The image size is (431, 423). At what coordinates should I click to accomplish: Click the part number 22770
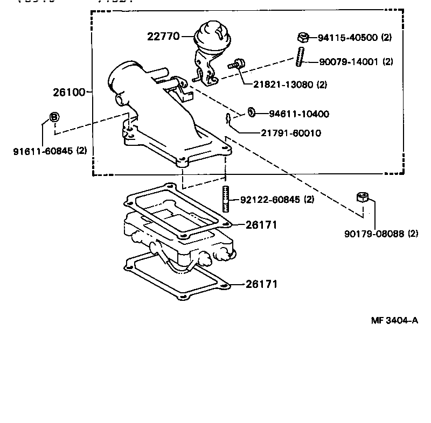164,37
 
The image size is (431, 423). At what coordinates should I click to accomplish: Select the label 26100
69,92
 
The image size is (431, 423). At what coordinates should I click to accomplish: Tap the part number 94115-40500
347,38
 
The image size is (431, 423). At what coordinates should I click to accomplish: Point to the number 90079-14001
347,62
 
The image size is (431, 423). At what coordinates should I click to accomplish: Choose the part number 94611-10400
299,114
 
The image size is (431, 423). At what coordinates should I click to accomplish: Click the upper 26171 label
261,225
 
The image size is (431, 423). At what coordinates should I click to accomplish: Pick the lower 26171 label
261,284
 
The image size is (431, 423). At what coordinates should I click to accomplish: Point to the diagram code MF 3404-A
394,320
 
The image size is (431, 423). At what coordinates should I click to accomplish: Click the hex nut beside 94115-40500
303,37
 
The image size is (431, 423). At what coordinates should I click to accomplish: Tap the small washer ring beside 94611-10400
252,112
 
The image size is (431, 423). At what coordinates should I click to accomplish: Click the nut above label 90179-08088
363,198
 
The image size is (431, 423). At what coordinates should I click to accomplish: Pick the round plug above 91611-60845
54,117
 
